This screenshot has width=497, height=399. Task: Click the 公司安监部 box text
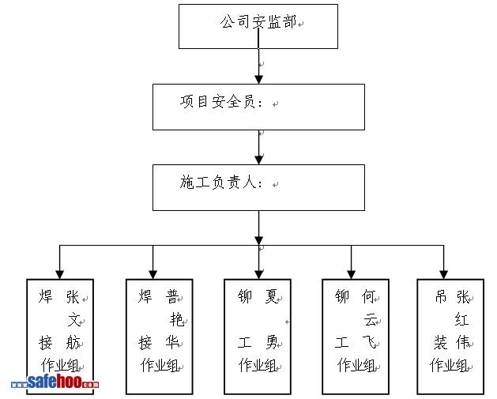point(258,22)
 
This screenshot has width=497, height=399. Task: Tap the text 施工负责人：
point(224,183)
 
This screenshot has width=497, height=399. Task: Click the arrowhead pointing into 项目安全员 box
point(258,78)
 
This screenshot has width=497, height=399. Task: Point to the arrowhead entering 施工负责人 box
point(258,160)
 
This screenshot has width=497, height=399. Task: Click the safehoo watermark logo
point(55,383)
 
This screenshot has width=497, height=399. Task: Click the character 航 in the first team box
point(74,342)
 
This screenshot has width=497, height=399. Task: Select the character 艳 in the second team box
point(176,320)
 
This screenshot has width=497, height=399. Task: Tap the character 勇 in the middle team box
point(272,342)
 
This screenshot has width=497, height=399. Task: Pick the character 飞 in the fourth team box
point(370,342)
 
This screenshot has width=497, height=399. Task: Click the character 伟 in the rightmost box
point(462,342)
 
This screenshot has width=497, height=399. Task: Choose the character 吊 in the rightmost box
point(441,297)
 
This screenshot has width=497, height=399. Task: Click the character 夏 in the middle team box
point(272,297)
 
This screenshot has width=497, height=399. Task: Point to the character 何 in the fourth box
point(370,297)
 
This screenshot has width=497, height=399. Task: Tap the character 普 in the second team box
point(171,297)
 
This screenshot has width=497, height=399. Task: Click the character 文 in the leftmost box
point(74,320)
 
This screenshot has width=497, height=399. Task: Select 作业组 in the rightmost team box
point(450,365)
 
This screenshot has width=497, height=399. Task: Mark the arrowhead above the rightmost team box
point(444,273)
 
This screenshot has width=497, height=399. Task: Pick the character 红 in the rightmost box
point(462,320)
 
